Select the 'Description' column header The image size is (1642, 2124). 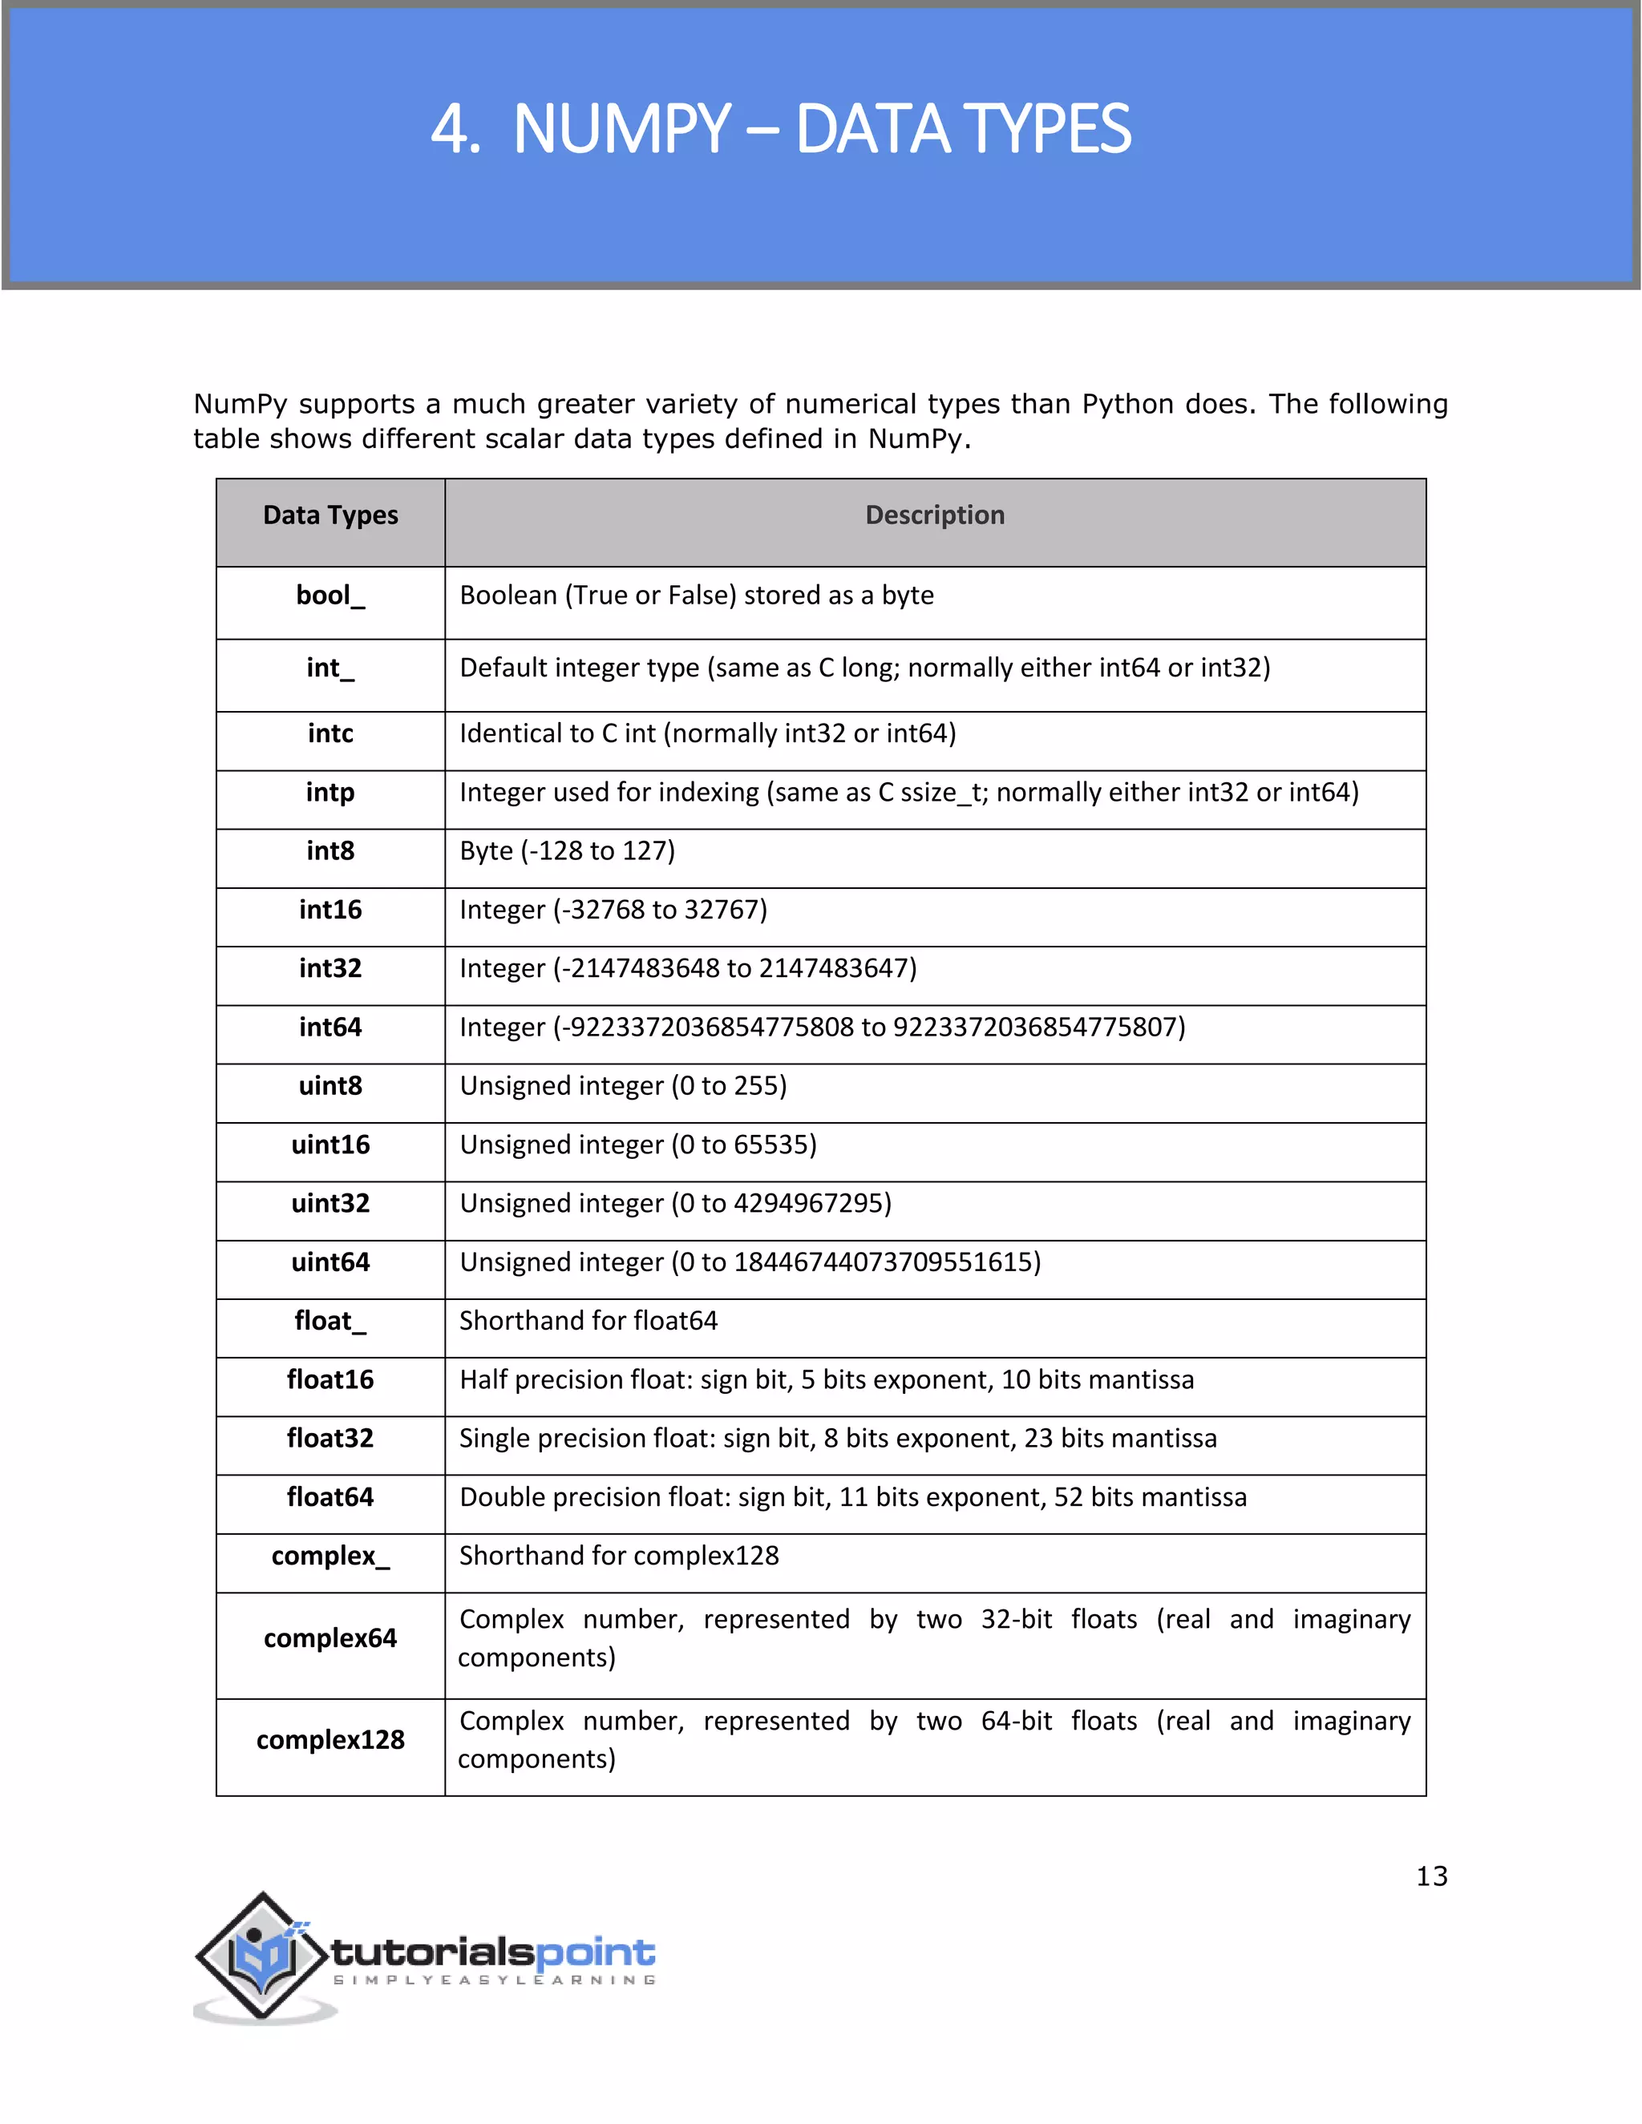pyautogui.click(x=935, y=515)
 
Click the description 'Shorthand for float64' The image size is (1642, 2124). pyautogui.click(x=588, y=1321)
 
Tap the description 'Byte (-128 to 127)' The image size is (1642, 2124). pyautogui.click(x=567, y=851)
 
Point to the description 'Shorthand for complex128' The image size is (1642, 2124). pyautogui.click(x=619, y=1556)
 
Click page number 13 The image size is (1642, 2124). pyautogui.click(x=1431, y=1876)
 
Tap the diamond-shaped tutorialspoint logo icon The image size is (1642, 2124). pyautogui.click(x=261, y=1955)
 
